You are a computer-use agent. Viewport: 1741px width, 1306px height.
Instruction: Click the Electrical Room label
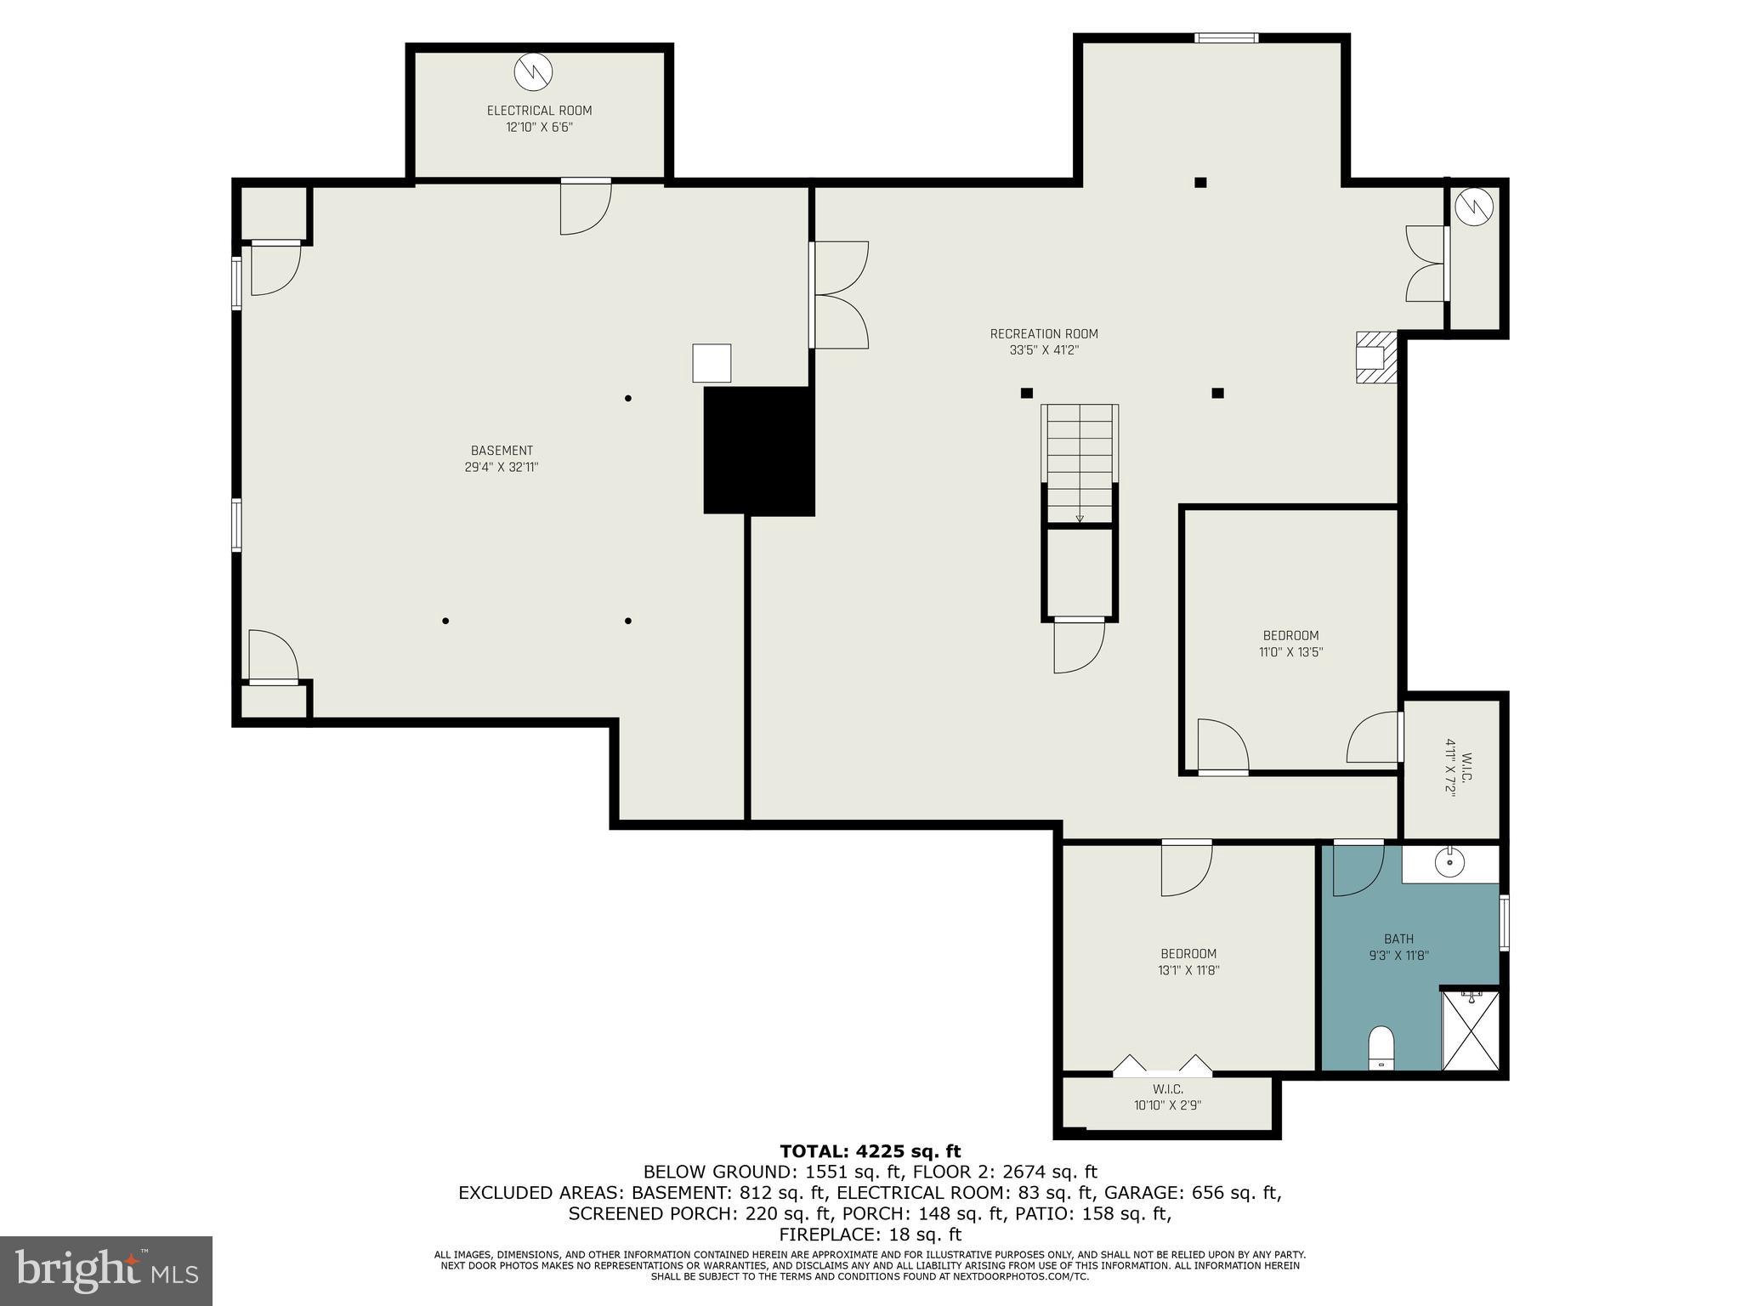coord(539,111)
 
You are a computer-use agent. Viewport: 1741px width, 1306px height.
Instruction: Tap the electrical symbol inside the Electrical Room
coord(533,72)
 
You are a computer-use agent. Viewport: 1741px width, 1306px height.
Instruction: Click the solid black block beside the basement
coord(758,451)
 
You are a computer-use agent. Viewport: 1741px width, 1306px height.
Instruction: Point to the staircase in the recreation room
coord(1080,463)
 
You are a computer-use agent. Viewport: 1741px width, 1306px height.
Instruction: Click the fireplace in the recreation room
coord(1375,358)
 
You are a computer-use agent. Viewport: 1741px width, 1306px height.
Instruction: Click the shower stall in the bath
coord(1470,1030)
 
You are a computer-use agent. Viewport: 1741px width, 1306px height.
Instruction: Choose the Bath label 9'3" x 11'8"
coord(1398,947)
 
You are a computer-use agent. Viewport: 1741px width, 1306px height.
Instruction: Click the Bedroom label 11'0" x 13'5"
coord(1290,644)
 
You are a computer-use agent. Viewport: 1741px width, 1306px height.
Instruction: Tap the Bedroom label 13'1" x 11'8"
coord(1188,962)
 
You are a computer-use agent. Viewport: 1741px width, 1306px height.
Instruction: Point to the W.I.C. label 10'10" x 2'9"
coord(1167,1097)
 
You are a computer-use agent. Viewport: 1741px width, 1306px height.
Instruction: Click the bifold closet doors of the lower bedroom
coord(1162,1065)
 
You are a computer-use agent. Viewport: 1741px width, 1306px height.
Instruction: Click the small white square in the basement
coord(712,363)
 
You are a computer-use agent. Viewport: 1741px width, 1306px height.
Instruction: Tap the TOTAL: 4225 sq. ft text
coord(870,1152)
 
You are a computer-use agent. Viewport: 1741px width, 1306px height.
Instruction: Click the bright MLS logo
coord(106,1270)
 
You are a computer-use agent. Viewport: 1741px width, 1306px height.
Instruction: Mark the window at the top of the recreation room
coord(1225,37)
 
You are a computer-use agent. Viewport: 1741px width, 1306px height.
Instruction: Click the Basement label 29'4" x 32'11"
coord(502,459)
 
